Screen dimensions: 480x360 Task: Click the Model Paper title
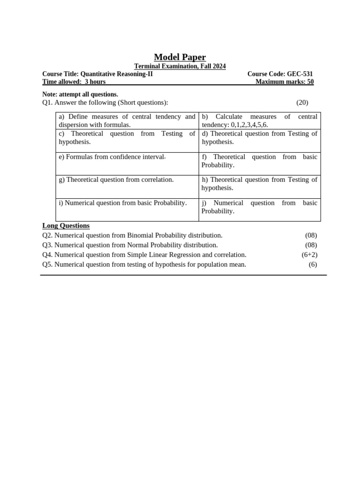180,57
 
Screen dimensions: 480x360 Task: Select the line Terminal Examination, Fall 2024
180,67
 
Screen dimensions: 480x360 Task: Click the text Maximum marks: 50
285,82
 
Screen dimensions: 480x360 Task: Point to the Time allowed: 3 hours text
74,82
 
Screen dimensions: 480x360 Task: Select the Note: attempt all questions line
80,94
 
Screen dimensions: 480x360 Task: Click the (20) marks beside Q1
302,103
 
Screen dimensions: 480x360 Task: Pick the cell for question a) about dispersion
127,120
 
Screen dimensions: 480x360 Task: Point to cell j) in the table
259,207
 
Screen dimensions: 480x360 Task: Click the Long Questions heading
66,225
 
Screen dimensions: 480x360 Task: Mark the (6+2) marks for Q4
309,255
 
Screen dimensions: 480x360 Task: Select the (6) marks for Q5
313,264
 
